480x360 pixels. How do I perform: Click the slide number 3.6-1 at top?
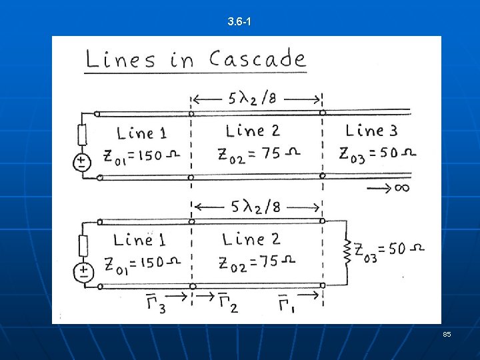pos(239,22)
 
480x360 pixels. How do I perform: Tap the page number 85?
pos(447,333)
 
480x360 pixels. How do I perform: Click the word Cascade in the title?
pos(257,59)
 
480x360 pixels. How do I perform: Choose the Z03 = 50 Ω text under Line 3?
pos(377,154)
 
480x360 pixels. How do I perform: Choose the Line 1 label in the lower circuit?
pos(140,239)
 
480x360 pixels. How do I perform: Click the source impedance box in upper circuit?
pos(83,136)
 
